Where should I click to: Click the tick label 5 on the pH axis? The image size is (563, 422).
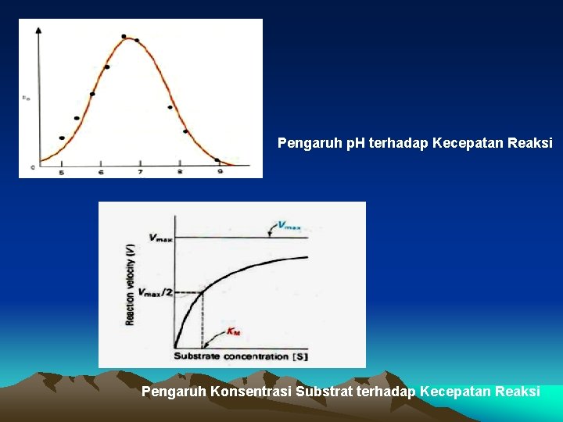[x=62, y=171]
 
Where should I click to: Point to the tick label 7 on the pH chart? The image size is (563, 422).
[x=140, y=171]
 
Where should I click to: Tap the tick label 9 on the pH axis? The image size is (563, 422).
[x=220, y=171]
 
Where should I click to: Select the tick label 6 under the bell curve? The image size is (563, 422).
[x=101, y=171]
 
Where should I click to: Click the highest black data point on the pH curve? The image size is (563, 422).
[x=124, y=37]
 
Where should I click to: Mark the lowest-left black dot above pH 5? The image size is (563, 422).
[x=62, y=138]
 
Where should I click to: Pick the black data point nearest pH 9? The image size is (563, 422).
[x=217, y=160]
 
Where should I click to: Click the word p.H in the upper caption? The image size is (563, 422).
[x=346, y=144]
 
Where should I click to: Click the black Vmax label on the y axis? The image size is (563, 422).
[x=160, y=238]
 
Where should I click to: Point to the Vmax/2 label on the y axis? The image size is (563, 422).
[x=156, y=292]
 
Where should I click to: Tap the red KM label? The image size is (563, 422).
[x=233, y=332]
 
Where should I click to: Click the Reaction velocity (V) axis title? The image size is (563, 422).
[x=130, y=284]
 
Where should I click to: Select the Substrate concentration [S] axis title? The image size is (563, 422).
[x=240, y=356]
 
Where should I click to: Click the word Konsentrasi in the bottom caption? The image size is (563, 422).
[x=252, y=391]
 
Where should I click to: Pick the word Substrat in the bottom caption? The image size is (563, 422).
[x=324, y=391]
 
